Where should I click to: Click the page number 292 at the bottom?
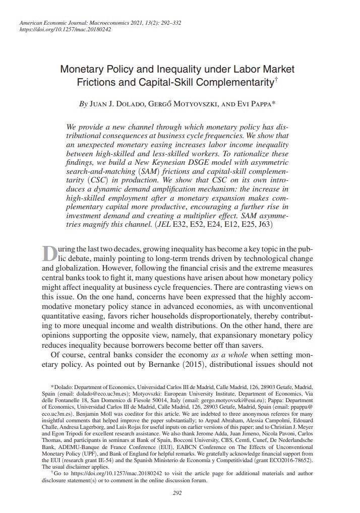point(177,492)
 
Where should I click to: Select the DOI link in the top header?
point(64,30)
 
